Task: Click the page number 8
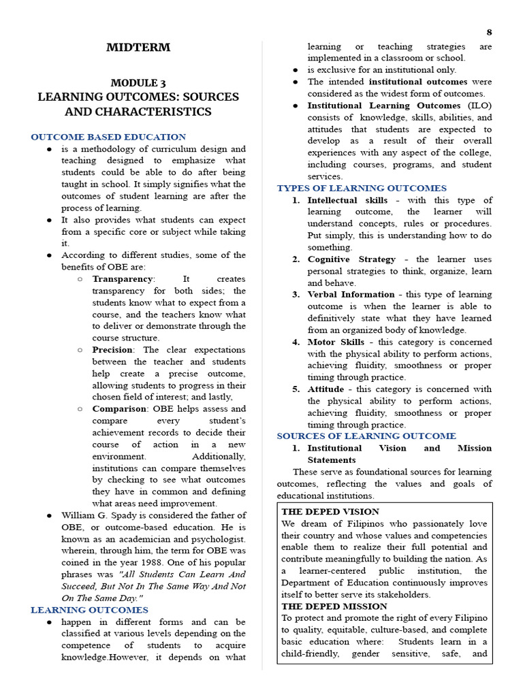pos(489,32)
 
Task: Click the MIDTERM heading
pos(138,48)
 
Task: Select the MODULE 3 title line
pos(138,82)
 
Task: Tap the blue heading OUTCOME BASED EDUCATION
pos(108,137)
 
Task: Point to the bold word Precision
pos(116,350)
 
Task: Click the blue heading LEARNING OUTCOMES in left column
pos(89,610)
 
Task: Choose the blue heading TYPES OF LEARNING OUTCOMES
pos(362,188)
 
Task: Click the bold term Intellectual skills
pos(347,200)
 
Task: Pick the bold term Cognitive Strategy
pos(351,259)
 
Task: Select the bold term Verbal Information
pos(351,295)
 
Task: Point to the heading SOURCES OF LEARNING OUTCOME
pos(366,436)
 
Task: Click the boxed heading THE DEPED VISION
pos(330,511)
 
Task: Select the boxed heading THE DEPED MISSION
pos(333,606)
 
